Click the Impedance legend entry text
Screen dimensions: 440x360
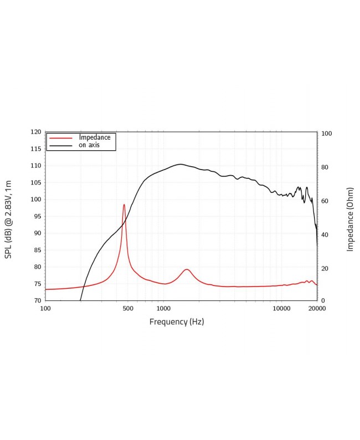[95, 137]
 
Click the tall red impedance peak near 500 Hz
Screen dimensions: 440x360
[124, 205]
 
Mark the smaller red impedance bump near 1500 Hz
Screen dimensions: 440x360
[187, 269]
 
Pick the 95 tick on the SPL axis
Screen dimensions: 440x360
[37, 217]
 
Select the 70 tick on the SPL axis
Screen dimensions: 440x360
[37, 300]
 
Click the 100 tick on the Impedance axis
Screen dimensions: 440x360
[327, 134]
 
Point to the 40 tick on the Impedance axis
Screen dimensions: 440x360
[325, 234]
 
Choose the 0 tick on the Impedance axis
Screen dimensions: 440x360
[323, 300]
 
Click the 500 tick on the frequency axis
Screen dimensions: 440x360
[127, 309]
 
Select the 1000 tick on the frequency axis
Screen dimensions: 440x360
[163, 309]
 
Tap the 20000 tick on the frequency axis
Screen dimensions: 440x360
[316, 309]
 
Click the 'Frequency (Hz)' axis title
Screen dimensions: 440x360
[177, 322]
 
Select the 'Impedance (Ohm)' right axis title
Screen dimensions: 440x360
[350, 219]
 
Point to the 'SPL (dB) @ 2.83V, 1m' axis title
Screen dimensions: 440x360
[8, 219]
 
